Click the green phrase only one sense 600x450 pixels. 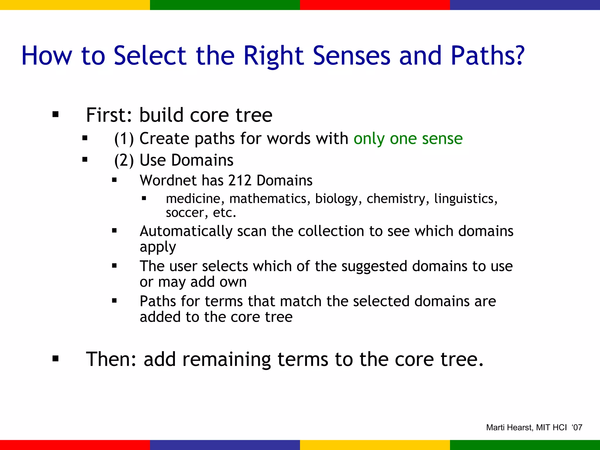(408, 139)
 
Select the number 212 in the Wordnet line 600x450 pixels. (240, 180)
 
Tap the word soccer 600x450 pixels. (185, 213)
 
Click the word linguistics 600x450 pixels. (466, 199)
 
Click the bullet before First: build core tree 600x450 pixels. (56, 115)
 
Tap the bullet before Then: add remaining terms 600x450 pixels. (56, 359)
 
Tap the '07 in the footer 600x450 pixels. (577, 428)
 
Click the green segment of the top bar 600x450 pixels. (225, 5)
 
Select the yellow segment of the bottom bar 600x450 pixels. (375, 445)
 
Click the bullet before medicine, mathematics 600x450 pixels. (144, 199)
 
